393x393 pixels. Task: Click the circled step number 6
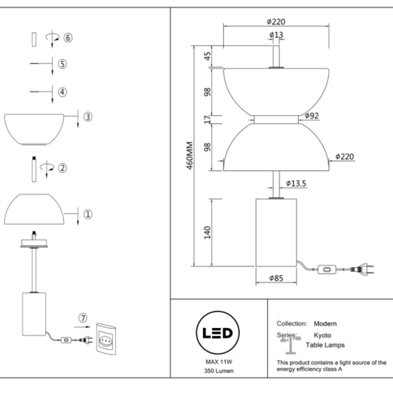point(68,37)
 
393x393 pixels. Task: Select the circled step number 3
point(87,116)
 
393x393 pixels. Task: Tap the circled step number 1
point(87,213)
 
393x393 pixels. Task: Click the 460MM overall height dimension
point(189,162)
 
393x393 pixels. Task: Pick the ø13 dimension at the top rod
point(276,34)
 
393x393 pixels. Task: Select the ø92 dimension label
point(311,115)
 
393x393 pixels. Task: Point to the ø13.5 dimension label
point(296,184)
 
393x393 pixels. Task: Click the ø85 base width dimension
point(276,279)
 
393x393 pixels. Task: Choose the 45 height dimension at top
point(207,56)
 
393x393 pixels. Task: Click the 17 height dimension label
point(207,119)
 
